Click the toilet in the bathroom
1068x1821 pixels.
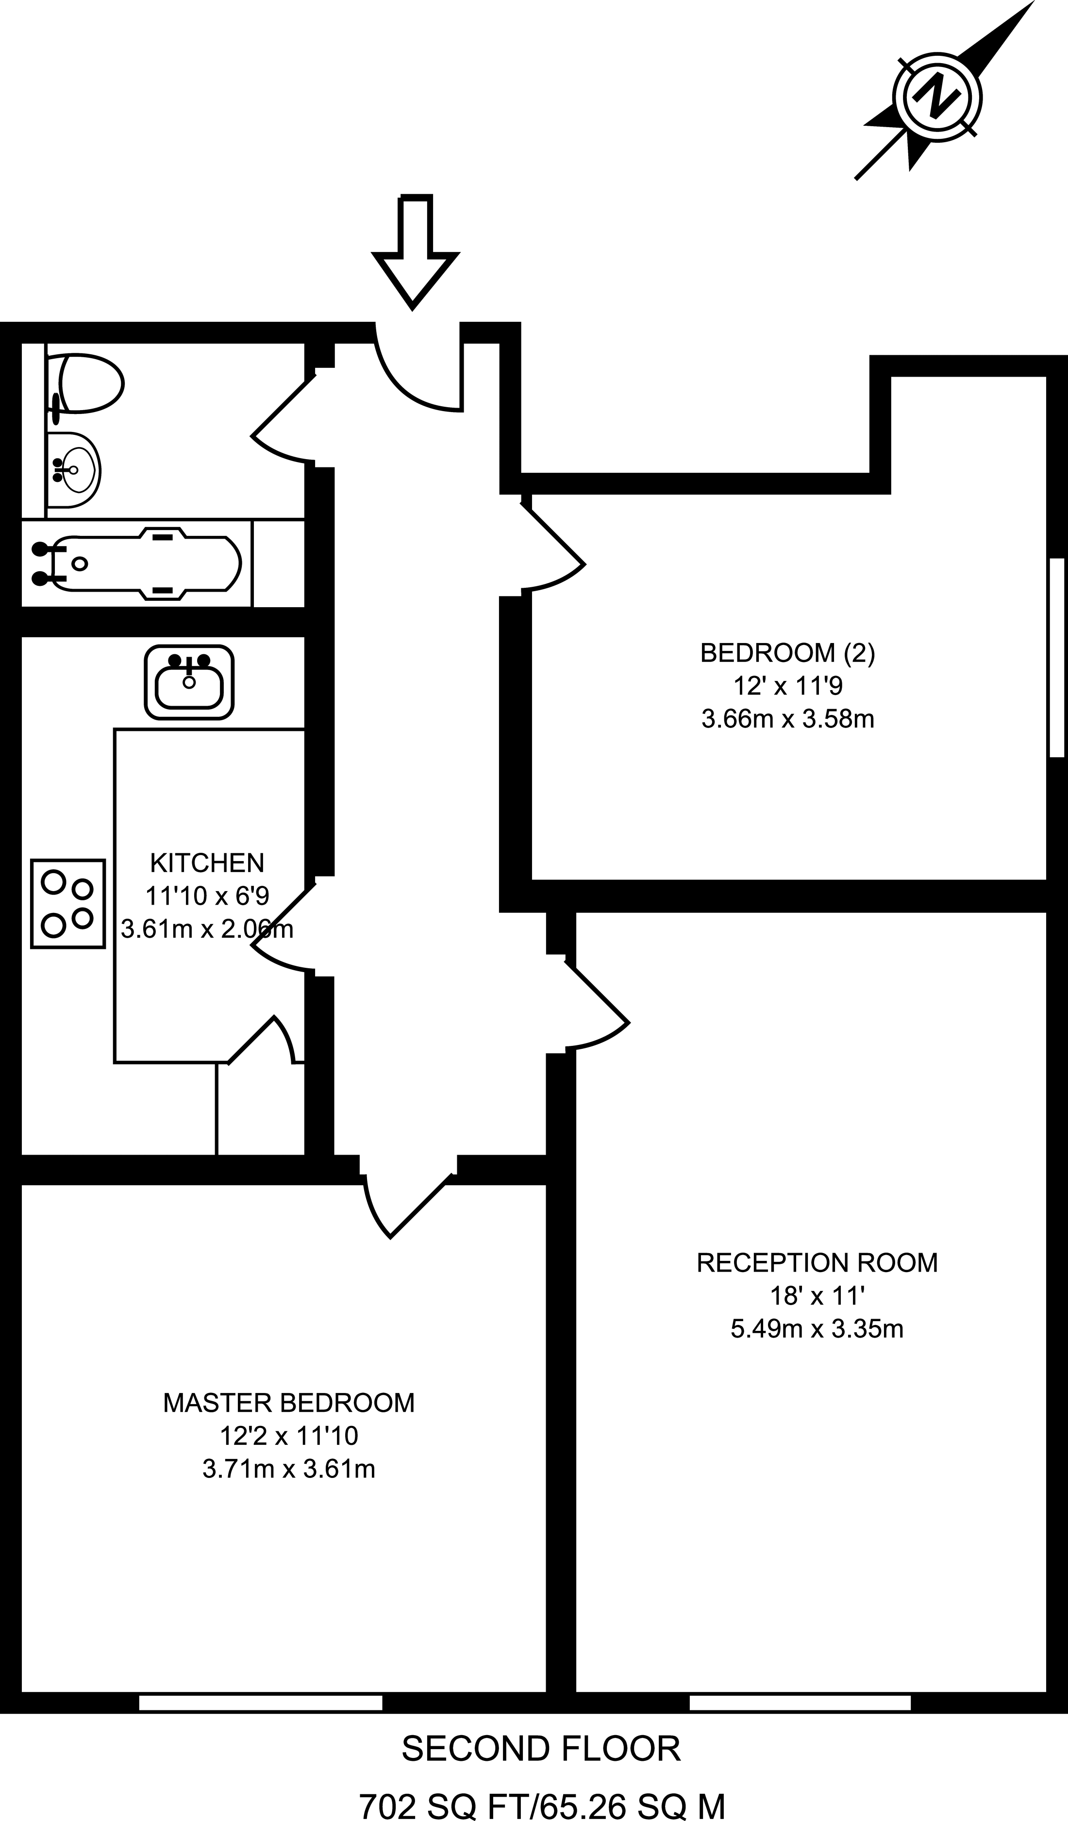pyautogui.click(x=87, y=384)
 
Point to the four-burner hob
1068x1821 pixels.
pyautogui.click(x=68, y=903)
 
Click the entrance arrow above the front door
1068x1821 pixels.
pyautogui.click(x=415, y=253)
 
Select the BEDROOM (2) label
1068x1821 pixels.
pyautogui.click(x=787, y=653)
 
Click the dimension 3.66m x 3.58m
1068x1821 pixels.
pyautogui.click(x=787, y=719)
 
